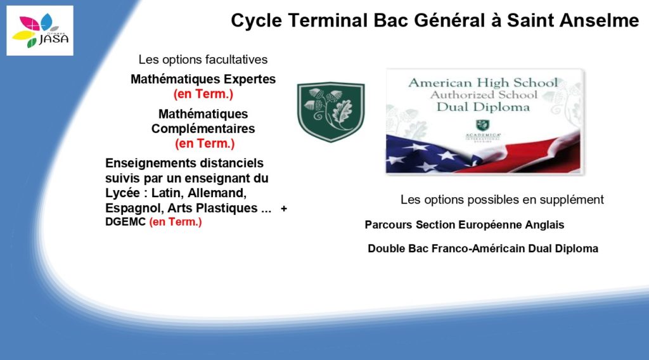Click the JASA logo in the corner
click(40, 30)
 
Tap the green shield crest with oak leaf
click(331, 112)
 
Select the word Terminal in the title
click(328, 20)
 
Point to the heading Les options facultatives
click(203, 60)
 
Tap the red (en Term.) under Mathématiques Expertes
click(203, 94)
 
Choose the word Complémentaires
click(203, 129)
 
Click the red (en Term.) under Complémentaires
click(205, 144)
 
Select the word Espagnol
click(134, 208)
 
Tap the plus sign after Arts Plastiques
click(284, 209)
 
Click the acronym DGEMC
click(125, 222)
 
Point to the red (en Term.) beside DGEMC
click(176, 222)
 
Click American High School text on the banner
click(483, 83)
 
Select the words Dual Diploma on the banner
click(483, 107)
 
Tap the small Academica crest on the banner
click(482, 125)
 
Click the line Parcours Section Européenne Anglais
click(465, 225)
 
